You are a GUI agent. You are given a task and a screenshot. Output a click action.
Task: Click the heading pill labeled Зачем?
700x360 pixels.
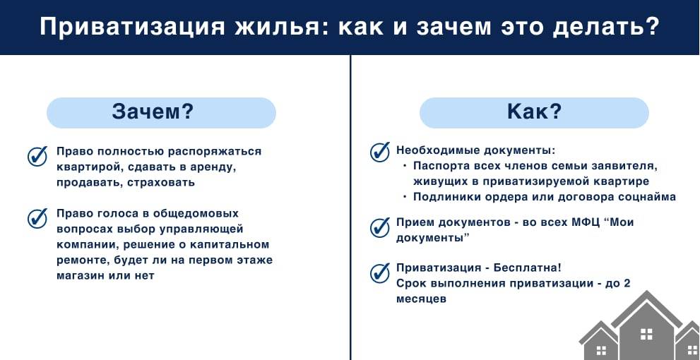pos(161,112)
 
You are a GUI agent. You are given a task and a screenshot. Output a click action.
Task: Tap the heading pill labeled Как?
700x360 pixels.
pos(534,112)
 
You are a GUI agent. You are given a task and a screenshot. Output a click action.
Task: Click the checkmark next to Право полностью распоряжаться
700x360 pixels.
pos(37,156)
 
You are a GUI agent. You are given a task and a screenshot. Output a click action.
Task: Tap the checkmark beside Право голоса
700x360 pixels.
pos(37,218)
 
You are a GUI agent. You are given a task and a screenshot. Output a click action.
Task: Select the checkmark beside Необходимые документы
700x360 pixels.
pos(380,151)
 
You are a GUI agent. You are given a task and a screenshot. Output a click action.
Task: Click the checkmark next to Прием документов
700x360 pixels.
pos(380,227)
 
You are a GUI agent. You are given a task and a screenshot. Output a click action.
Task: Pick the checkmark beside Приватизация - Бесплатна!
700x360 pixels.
pos(380,272)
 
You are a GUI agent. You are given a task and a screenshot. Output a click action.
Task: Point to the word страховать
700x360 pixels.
pos(162,182)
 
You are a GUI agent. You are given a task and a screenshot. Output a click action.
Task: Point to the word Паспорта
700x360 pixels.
pos(443,167)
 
